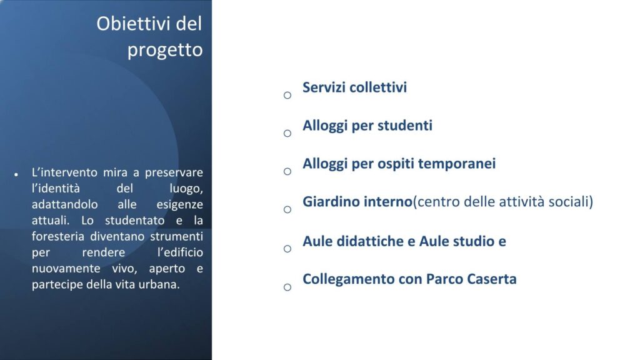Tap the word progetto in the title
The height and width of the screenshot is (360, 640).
tap(165, 50)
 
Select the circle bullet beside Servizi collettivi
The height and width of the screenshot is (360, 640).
tap(287, 96)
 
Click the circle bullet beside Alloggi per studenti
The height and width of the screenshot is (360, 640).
tap(287, 133)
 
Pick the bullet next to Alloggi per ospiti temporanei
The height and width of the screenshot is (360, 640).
tap(287, 171)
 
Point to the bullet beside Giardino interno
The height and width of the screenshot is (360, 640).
tap(287, 209)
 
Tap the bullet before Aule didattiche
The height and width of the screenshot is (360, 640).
tap(287, 248)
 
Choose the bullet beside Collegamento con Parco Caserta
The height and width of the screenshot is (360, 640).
tap(287, 287)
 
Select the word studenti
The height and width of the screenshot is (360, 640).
tap(404, 126)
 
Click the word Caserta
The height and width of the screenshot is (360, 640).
tap(492, 279)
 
